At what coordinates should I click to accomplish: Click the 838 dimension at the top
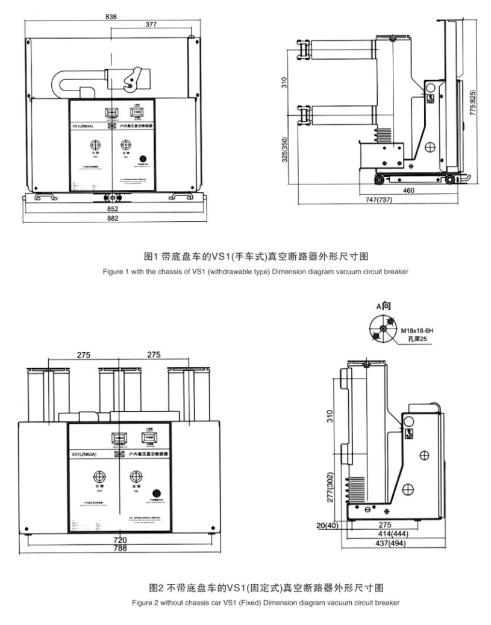[111, 16]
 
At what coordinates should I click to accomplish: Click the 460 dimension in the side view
[410, 190]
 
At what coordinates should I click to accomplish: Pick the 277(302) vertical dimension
[330, 489]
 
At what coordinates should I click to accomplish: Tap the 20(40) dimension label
[328, 526]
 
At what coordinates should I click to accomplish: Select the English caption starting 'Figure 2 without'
[245, 602]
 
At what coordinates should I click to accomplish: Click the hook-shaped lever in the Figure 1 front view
[133, 83]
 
